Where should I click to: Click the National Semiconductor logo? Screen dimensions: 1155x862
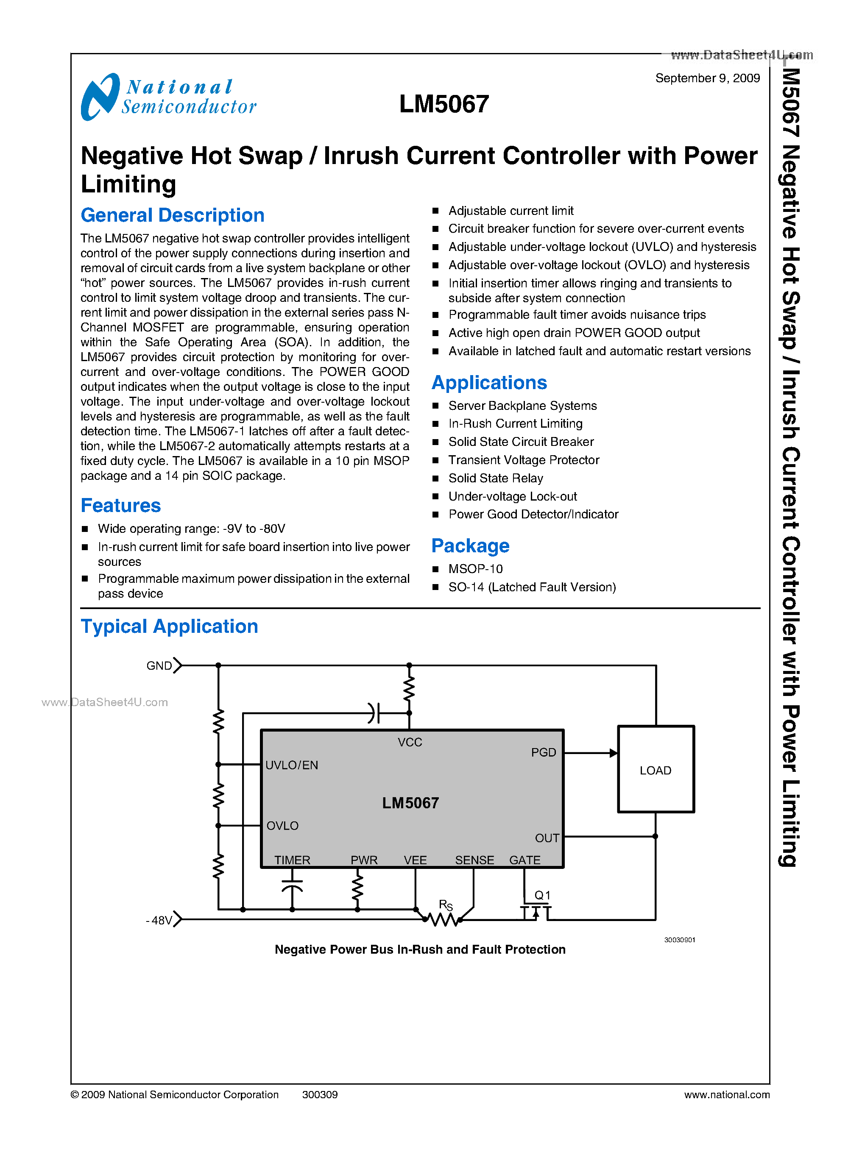(168, 97)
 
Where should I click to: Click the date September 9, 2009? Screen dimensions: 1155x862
(707, 78)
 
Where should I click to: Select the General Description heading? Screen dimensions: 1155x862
(172, 215)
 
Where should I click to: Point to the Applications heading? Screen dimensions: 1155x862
(489, 383)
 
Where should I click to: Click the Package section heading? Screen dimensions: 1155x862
(470, 545)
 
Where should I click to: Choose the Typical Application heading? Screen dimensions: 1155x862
(169, 626)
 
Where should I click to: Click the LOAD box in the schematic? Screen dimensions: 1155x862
(656, 770)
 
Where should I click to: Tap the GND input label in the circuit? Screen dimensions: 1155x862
(159, 666)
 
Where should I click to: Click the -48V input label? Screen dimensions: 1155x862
(159, 920)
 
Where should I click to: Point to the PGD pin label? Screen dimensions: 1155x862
(543, 752)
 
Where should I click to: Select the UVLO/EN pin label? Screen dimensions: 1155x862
(292, 765)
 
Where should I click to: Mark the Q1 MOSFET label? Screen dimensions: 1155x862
(542, 895)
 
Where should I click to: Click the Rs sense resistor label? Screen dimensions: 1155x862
(446, 905)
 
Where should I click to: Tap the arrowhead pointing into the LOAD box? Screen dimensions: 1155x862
(613, 753)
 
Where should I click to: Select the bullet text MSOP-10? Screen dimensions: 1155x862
(475, 569)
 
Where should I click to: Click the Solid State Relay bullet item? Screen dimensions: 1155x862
(496, 479)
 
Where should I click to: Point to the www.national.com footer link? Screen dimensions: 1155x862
(726, 1094)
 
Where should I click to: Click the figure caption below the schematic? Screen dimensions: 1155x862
(420, 949)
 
